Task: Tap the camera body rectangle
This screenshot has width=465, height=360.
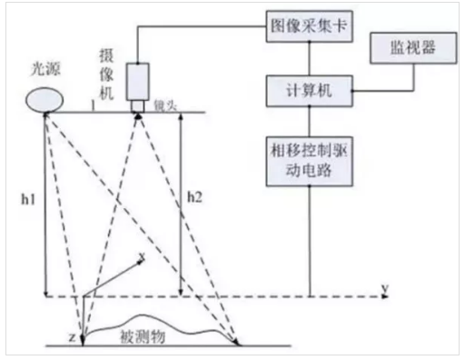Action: (139, 80)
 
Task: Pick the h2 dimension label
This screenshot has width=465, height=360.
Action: (194, 195)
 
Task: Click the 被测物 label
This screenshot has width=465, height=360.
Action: (141, 335)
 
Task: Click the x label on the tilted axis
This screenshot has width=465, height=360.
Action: (141, 258)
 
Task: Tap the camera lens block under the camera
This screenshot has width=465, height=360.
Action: (139, 105)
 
